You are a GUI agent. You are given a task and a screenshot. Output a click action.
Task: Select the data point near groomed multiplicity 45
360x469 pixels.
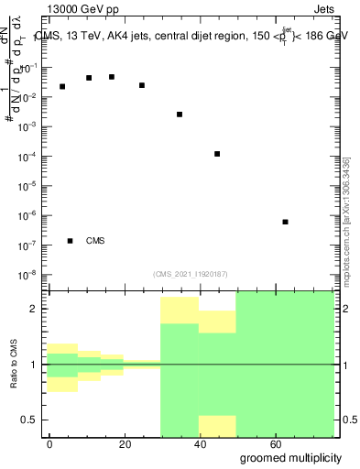point(217,154)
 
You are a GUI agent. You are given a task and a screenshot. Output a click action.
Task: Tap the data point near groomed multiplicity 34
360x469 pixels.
point(180,115)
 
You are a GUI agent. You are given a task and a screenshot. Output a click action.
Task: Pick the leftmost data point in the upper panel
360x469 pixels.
point(62,87)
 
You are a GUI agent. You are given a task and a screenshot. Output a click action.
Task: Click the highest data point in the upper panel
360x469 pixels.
point(112,77)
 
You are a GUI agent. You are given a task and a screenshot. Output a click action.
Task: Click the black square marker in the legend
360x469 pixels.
point(71,241)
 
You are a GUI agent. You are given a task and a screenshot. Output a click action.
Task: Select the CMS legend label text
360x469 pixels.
point(95,241)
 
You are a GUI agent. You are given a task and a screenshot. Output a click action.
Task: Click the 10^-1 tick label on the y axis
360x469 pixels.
point(28,69)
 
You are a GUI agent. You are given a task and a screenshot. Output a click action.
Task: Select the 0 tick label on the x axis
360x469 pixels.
point(50,443)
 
